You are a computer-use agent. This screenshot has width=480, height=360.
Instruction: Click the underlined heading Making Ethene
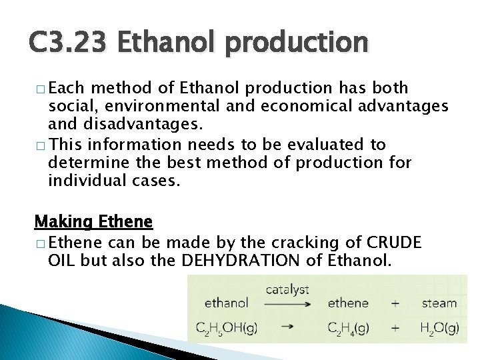pos(93,221)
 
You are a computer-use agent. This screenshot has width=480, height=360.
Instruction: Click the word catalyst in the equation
pos(287,289)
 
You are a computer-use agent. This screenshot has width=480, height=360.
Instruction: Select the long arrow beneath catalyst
pos(287,304)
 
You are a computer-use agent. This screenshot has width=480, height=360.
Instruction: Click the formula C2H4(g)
pos(349,327)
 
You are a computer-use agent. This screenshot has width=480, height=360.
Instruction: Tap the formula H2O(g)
pos(439,327)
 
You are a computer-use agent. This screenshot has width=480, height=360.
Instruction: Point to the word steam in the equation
pos(439,303)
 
